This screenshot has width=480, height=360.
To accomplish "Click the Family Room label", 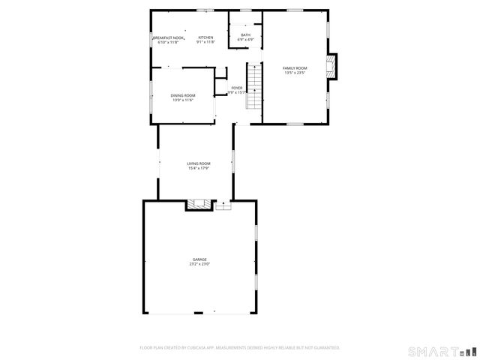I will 295,68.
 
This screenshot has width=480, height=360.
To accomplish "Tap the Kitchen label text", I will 205,37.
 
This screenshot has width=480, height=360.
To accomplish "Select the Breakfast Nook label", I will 169,37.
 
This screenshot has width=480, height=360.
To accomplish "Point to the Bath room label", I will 246,34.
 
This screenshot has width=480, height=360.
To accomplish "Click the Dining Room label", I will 183,95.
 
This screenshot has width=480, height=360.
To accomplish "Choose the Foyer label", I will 237,88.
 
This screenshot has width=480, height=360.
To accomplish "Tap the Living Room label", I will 199,163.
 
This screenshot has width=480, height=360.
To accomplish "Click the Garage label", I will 199,259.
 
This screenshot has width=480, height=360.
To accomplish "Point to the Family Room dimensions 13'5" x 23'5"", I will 295,73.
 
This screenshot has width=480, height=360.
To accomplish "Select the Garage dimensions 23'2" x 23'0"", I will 199,265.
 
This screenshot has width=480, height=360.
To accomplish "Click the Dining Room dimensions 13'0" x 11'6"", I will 183,100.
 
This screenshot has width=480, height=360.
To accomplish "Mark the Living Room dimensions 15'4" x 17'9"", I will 199,169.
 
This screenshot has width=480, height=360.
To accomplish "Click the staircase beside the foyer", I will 255,85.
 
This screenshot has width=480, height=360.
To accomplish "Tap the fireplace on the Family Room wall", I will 331,67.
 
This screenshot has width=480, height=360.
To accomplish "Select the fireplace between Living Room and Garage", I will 199,204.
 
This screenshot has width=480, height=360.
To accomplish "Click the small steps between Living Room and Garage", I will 223,205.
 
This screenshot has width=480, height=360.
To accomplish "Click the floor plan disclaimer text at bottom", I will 240,348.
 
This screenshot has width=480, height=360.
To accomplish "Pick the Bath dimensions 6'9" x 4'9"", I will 246,40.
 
